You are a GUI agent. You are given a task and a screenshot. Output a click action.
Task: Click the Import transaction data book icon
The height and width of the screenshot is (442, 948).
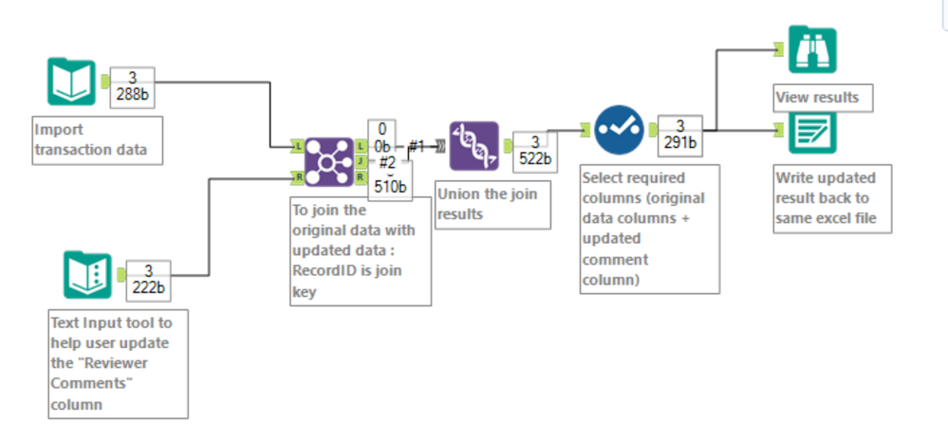click(71, 83)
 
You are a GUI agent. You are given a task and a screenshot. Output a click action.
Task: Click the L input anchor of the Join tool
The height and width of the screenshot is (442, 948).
click(298, 147)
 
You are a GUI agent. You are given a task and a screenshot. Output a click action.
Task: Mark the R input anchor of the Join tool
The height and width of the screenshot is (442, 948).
click(298, 176)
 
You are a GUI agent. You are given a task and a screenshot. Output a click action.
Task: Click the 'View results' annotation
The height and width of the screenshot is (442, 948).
click(817, 98)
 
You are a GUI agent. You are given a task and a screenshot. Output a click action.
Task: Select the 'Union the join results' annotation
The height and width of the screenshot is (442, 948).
click(493, 204)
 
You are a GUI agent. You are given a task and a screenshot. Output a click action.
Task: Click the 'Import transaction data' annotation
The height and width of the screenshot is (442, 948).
click(95, 139)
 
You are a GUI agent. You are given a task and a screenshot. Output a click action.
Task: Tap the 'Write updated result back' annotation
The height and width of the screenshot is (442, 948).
click(826, 198)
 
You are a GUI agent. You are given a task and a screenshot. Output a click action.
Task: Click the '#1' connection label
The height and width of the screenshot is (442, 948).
click(417, 146)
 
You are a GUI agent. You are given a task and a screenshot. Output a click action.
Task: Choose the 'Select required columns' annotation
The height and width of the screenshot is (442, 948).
click(649, 228)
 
